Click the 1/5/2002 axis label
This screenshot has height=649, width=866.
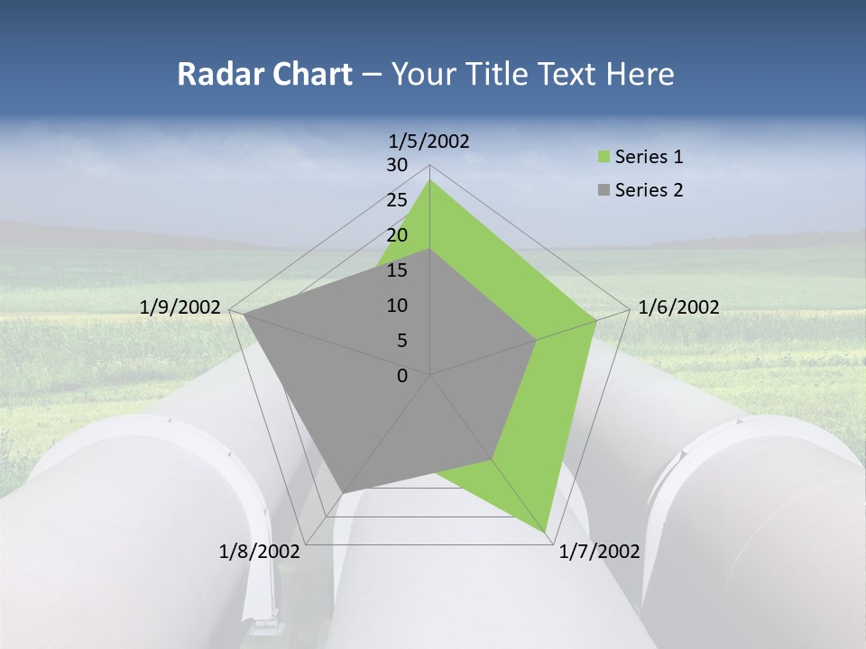(429, 141)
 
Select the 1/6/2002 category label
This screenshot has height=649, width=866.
(678, 307)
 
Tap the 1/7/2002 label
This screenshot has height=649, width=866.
(599, 552)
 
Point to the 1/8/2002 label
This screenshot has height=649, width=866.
(260, 552)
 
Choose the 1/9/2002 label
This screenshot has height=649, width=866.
(180, 307)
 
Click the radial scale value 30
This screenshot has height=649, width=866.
(397, 165)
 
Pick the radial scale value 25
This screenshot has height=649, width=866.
(397, 200)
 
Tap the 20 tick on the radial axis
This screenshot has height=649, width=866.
(397, 235)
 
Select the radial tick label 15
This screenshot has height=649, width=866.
(397, 270)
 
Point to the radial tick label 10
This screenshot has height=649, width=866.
(397, 306)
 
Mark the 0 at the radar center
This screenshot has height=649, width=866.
(402, 376)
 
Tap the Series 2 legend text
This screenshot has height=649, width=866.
(649, 190)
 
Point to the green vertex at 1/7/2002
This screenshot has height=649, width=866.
(547, 532)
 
